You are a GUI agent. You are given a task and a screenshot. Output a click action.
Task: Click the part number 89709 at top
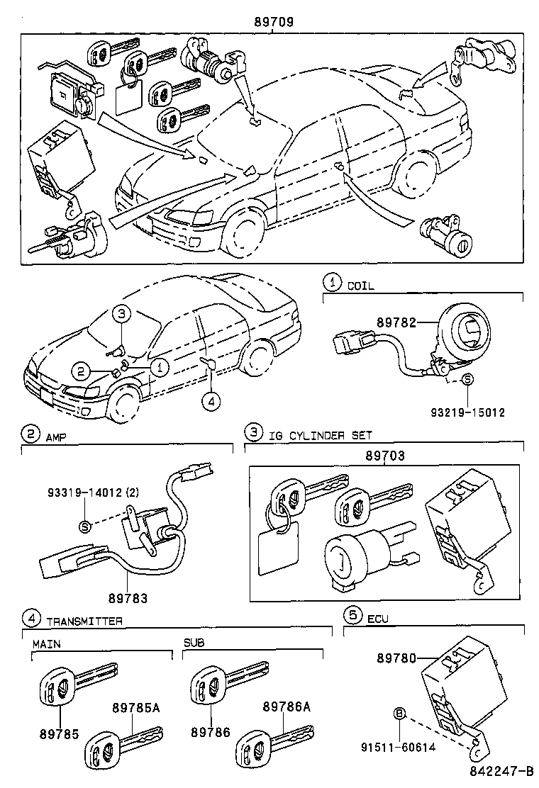274,22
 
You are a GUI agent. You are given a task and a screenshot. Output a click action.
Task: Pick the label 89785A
135,707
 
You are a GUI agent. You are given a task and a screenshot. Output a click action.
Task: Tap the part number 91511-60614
400,746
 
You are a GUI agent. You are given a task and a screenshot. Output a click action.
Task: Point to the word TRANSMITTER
84,621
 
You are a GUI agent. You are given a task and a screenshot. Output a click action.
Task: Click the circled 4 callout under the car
211,401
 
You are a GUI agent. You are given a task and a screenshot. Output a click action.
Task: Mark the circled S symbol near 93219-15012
467,380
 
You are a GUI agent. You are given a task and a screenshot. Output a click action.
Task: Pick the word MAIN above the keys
46,644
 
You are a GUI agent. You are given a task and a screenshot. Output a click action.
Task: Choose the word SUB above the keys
194,643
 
